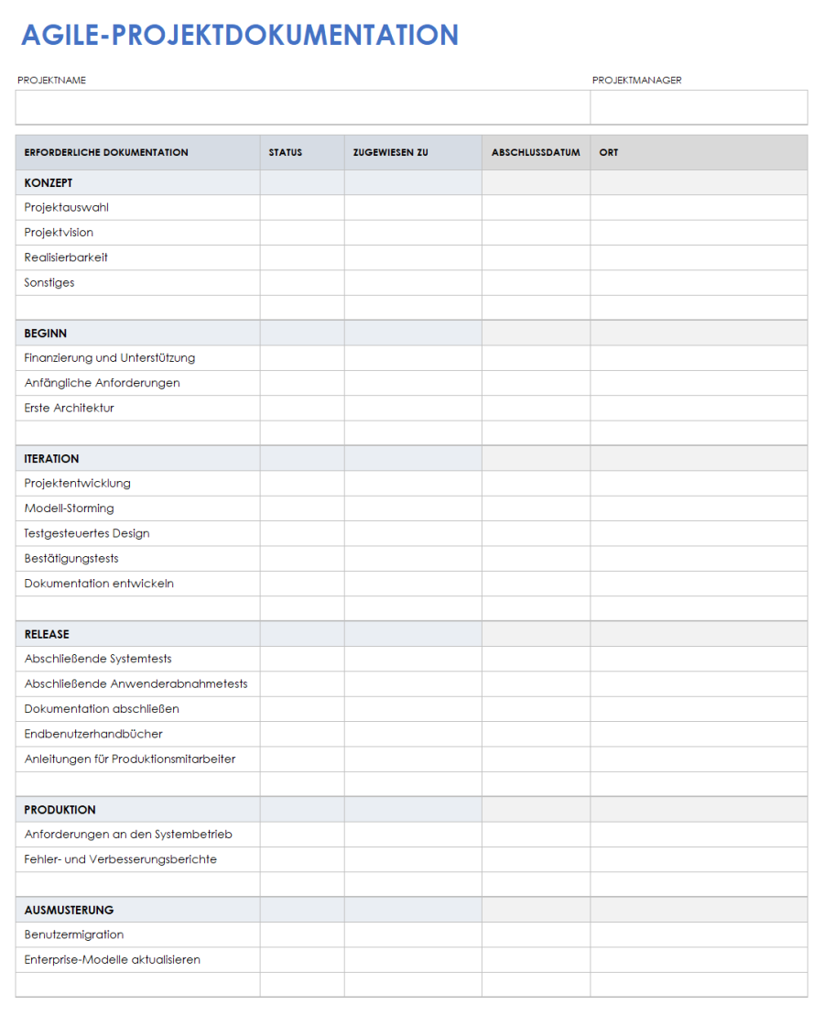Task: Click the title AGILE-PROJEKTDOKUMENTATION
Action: click(239, 35)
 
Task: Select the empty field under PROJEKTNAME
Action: click(302, 107)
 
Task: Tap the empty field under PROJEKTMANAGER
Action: click(699, 107)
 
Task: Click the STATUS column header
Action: click(286, 152)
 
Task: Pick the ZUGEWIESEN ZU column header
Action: click(391, 152)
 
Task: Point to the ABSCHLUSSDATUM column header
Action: click(536, 152)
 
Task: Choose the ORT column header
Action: click(609, 152)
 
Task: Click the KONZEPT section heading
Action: click(49, 183)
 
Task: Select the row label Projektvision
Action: click(59, 233)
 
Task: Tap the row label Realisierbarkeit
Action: click(66, 257)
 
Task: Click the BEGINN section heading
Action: click(46, 333)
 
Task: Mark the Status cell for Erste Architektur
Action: click(302, 409)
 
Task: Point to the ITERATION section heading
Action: click(52, 459)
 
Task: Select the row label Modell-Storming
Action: click(70, 508)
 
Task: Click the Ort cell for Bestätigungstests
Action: click(699, 559)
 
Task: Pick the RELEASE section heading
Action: click(47, 634)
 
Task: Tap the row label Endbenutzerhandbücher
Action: click(93, 734)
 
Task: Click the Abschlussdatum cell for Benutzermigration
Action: click(536, 935)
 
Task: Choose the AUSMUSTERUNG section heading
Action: click(70, 910)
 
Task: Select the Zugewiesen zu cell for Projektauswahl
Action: click(413, 208)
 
